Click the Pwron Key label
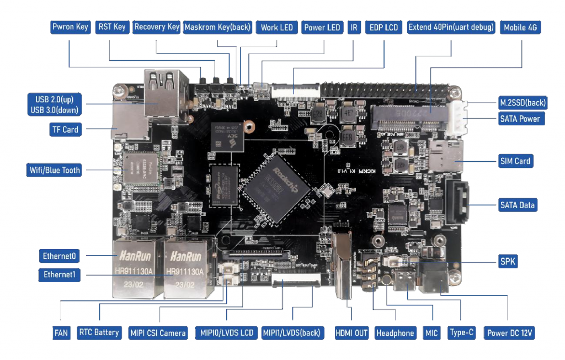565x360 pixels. click(70, 27)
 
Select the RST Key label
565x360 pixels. click(112, 27)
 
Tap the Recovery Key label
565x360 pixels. click(157, 27)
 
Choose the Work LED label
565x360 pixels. click(276, 28)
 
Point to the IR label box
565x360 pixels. click(354, 28)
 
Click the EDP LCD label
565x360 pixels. click(383, 28)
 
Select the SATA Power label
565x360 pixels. click(520, 118)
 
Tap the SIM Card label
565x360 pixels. click(514, 161)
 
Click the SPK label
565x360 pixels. click(508, 261)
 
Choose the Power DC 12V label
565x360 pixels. click(510, 333)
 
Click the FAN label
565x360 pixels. click(61, 333)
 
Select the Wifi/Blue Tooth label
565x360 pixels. click(54, 170)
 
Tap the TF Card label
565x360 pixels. click(65, 130)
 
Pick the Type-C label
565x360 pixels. click(462, 333)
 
